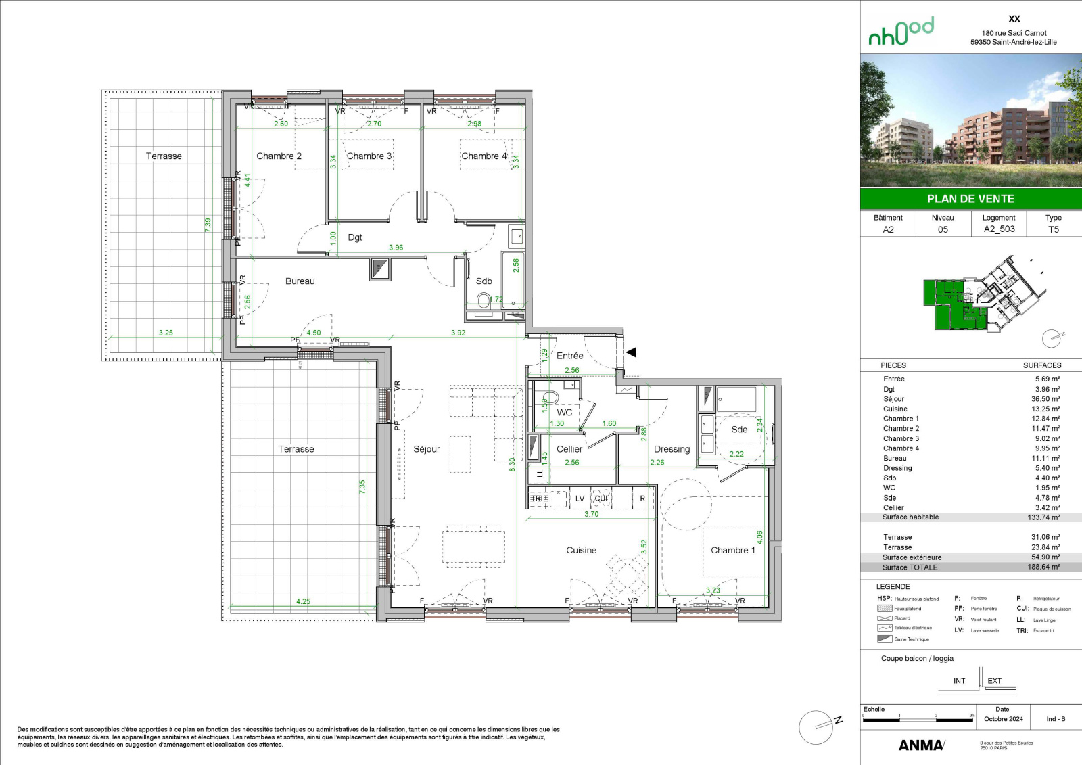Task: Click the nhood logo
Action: [x=901, y=32]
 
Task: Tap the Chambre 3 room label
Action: [x=369, y=156]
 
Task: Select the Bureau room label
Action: [x=300, y=281]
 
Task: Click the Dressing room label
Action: [x=672, y=449]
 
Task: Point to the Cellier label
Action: [x=569, y=449]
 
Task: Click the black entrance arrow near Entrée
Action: [x=632, y=352]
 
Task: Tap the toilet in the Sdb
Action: [x=484, y=300]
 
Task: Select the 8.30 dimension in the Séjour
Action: [x=512, y=464]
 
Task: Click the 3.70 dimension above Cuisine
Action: [x=592, y=514]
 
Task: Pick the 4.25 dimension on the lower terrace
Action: [x=303, y=601]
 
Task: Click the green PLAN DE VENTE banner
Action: [x=970, y=199]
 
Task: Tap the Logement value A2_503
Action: [x=999, y=229]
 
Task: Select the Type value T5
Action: [x=1053, y=229]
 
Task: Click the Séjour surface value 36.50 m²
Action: [x=1045, y=399]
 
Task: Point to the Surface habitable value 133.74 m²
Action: [x=1043, y=517]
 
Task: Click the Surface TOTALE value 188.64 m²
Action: [x=1043, y=567]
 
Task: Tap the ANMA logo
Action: [x=921, y=745]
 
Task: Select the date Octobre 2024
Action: [x=1003, y=719]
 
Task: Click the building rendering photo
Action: [x=970, y=120]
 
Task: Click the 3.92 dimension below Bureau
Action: [x=458, y=333]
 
